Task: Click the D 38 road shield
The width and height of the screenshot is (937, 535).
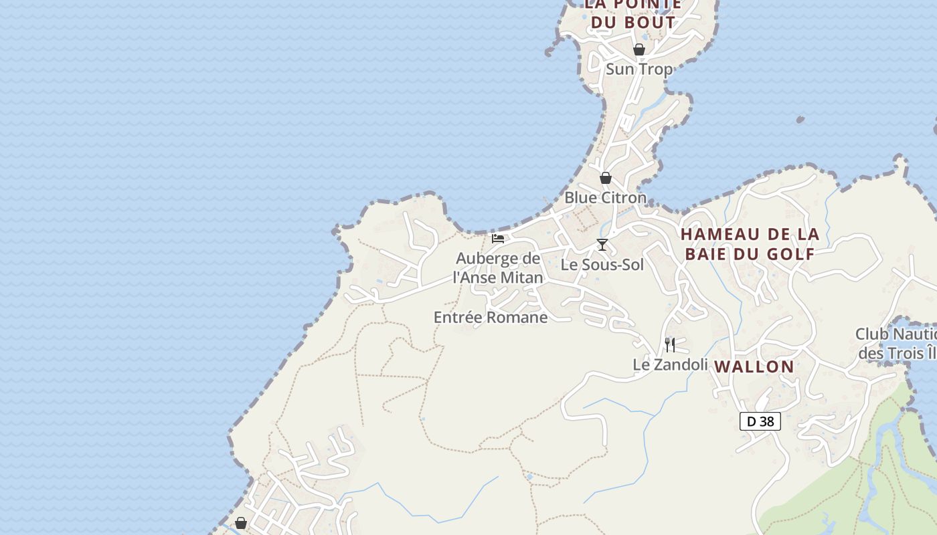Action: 760,421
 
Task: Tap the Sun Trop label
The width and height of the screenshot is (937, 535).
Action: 638,69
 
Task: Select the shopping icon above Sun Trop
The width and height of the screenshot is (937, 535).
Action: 638,49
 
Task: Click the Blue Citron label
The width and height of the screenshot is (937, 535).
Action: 605,197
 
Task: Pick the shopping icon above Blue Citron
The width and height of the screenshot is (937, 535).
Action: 605,178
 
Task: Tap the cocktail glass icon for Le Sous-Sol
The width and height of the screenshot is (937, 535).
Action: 602,245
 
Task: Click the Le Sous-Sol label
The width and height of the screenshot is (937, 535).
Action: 602,264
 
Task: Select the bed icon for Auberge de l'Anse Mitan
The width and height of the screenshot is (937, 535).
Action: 497,238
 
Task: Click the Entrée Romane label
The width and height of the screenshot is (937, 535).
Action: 491,317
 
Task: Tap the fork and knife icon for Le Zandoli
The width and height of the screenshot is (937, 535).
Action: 669,345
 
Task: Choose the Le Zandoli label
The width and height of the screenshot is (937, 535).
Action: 670,364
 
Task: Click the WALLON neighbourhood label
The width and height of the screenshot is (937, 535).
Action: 754,366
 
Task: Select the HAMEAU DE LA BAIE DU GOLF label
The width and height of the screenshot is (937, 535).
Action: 750,244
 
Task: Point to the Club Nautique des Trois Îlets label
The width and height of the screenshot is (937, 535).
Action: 897,343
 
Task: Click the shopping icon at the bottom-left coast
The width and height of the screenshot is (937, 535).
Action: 241,523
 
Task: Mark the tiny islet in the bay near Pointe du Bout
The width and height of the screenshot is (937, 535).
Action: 800,120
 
